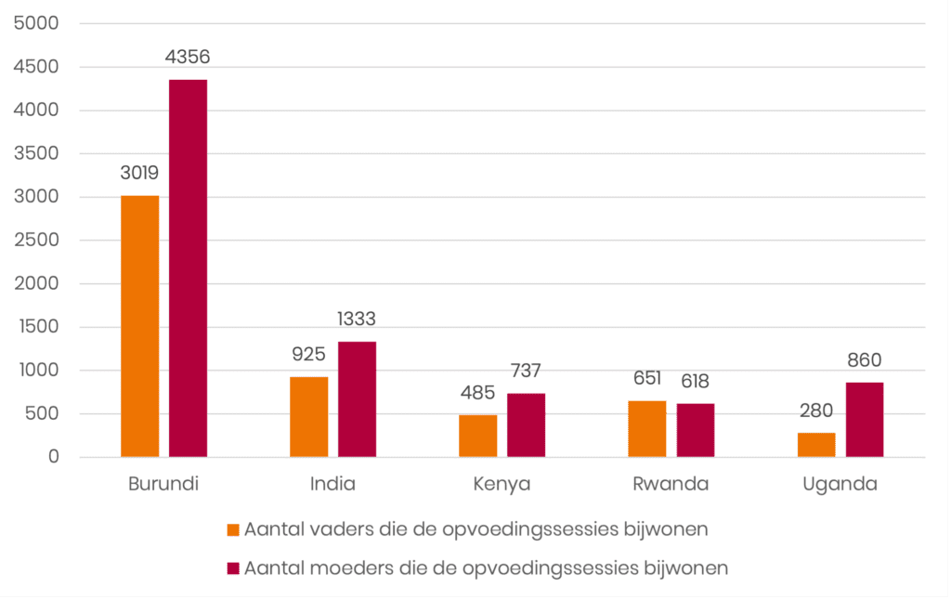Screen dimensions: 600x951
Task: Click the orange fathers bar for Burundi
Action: click(140, 326)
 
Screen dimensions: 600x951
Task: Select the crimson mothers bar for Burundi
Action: click(188, 268)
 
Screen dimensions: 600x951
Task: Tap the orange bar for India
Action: click(309, 417)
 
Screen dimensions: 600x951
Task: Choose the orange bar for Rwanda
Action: click(647, 429)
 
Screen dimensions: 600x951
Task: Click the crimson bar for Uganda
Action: click(864, 420)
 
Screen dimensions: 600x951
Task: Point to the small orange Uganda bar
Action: click(816, 445)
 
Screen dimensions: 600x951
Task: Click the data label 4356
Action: click(188, 57)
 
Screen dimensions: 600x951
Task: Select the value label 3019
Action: click(140, 173)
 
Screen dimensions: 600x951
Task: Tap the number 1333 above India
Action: click(357, 320)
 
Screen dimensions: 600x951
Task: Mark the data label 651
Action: click(647, 378)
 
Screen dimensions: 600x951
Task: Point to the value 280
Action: click(816, 411)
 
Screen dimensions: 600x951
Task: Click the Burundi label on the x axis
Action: click(163, 484)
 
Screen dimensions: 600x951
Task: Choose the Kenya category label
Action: click(502, 484)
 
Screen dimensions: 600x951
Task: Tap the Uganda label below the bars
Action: click(840, 484)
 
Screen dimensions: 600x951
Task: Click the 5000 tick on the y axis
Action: click(36, 24)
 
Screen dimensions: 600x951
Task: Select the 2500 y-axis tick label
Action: click(36, 241)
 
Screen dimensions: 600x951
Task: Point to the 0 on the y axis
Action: click(54, 457)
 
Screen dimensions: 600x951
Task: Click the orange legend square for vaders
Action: click(234, 530)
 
